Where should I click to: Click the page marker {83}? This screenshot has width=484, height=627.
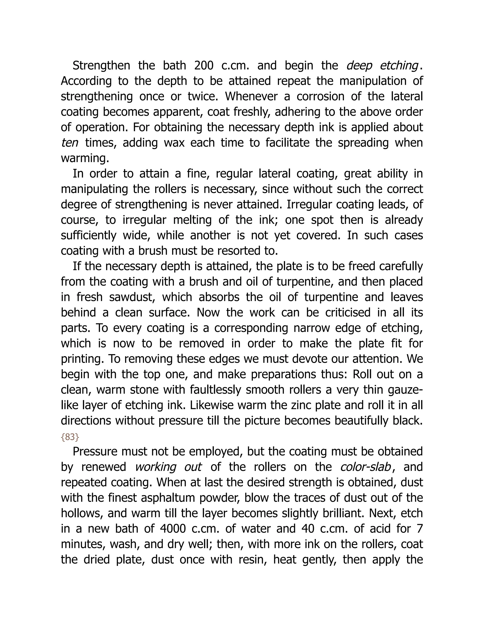(x=70, y=437)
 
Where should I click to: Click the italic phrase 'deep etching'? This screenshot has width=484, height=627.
(x=382, y=66)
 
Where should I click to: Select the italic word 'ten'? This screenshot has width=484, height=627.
(x=70, y=143)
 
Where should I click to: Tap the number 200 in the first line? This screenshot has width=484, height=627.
(x=204, y=66)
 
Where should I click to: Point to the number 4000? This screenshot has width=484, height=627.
(x=172, y=529)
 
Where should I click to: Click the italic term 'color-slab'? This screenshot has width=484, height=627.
(x=366, y=467)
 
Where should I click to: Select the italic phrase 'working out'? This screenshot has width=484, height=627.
(x=169, y=467)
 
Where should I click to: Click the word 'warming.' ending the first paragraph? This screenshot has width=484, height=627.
(x=85, y=158)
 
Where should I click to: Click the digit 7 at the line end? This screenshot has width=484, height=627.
(x=420, y=529)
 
